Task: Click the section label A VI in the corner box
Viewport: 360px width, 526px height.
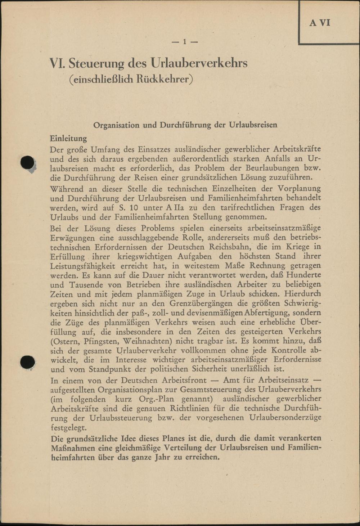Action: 320,23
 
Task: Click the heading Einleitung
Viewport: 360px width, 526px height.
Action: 68,138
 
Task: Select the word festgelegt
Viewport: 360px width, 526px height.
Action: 68,428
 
